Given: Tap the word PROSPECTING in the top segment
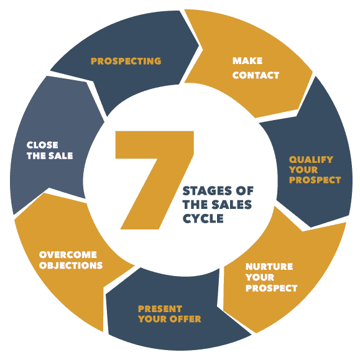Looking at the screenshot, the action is (x=126, y=61).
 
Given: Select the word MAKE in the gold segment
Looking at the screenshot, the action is (x=247, y=61).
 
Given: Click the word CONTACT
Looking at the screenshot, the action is (x=256, y=75).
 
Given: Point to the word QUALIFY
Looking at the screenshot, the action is (x=311, y=160).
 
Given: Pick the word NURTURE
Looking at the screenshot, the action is (x=269, y=267).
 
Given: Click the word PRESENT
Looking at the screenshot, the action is (x=160, y=309).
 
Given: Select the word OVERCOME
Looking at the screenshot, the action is (x=68, y=255).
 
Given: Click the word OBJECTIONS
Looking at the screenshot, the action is (x=71, y=265).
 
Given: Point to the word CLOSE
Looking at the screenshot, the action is (x=42, y=145).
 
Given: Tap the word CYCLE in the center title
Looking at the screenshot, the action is (x=203, y=219).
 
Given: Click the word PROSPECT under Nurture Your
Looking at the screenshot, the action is (x=272, y=288).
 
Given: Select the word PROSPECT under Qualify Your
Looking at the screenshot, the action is (x=315, y=180).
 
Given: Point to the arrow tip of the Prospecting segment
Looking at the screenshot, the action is (x=198, y=46).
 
